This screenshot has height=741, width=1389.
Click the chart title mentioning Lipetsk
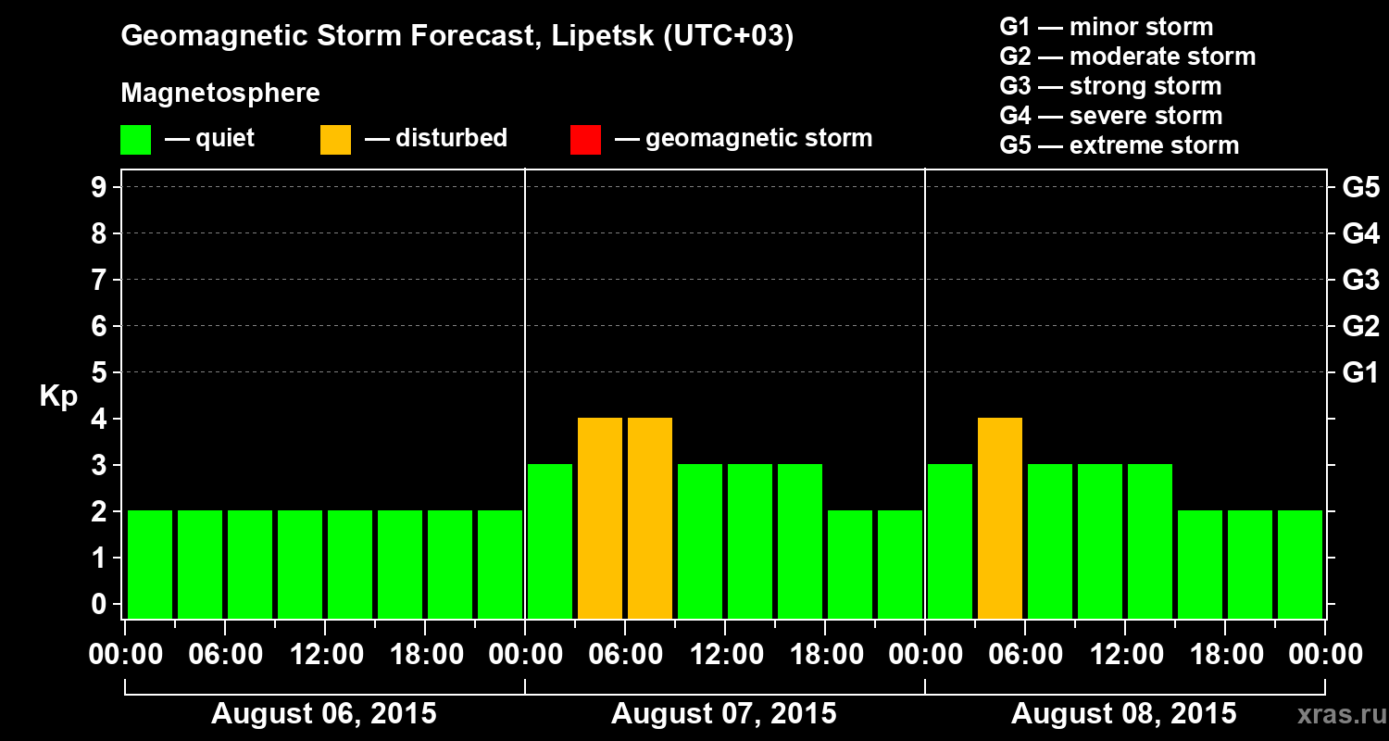coord(457,37)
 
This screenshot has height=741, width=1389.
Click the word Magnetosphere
coord(220,94)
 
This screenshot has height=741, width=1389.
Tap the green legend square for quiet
coord(135,140)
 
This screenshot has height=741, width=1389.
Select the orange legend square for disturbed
coord(335,140)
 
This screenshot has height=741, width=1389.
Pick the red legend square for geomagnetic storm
coord(585,140)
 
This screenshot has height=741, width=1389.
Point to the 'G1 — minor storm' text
coord(1106,27)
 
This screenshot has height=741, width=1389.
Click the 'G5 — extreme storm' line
coord(1119,145)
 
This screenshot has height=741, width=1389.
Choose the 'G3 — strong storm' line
coord(1110,86)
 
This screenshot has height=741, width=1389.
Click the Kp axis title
coord(58,396)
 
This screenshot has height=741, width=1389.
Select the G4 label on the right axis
coord(1360,233)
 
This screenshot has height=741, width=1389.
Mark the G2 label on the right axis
coord(1360,326)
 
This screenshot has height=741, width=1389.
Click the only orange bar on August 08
coord(1000,518)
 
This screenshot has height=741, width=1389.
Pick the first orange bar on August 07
coord(600,518)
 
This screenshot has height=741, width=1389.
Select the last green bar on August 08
coord(1300,564)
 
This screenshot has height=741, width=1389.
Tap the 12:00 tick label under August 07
coord(726,655)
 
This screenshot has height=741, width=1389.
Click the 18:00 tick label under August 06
coord(426,655)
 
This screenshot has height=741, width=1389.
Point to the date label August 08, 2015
coord(1123,714)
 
